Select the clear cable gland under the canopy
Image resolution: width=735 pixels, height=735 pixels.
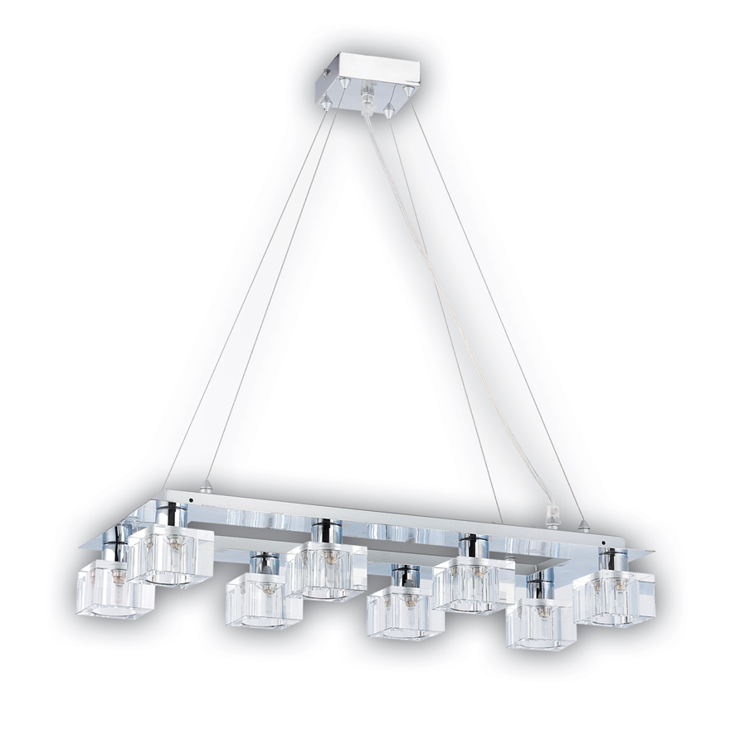tap(367, 98)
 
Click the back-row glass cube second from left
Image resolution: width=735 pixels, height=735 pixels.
tap(324, 569)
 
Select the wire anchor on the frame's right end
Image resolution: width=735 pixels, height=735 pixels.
tap(584, 524)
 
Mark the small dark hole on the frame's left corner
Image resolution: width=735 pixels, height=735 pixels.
tap(191, 501)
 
